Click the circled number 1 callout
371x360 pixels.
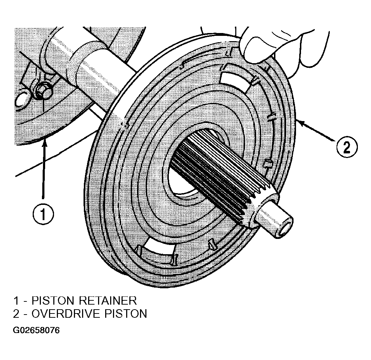click(43, 214)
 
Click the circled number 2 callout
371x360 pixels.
click(346, 147)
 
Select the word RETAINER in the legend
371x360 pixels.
click(108, 301)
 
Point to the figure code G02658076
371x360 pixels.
click(36, 330)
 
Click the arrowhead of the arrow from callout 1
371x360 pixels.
click(44, 144)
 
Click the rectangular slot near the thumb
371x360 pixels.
click(237, 76)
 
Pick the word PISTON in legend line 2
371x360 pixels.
click(125, 314)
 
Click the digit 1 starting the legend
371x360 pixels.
click(16, 301)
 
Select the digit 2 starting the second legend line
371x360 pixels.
click(16, 314)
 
